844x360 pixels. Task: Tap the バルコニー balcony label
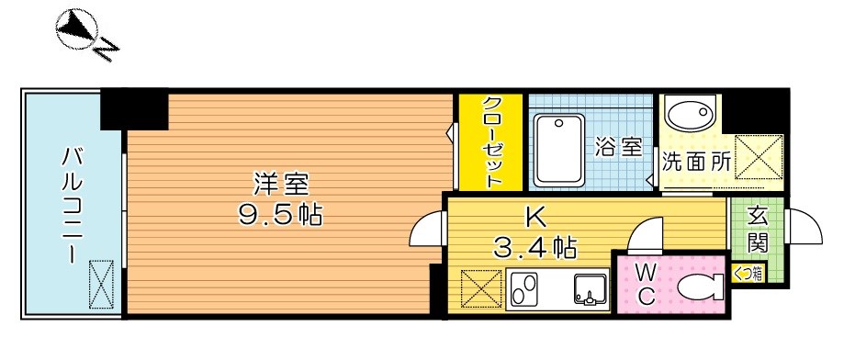click(x=69, y=204)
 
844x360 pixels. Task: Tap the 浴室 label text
click(x=617, y=147)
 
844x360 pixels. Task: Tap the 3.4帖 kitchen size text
click(x=535, y=246)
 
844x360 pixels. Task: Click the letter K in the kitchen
click(x=534, y=218)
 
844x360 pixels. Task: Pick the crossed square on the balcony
click(x=98, y=282)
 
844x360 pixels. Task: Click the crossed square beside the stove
click(x=478, y=290)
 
